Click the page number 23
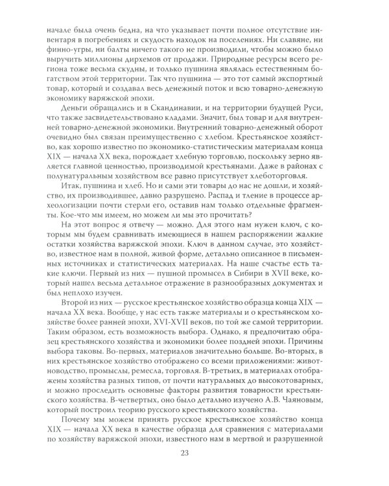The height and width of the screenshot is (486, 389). click(194, 463)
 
